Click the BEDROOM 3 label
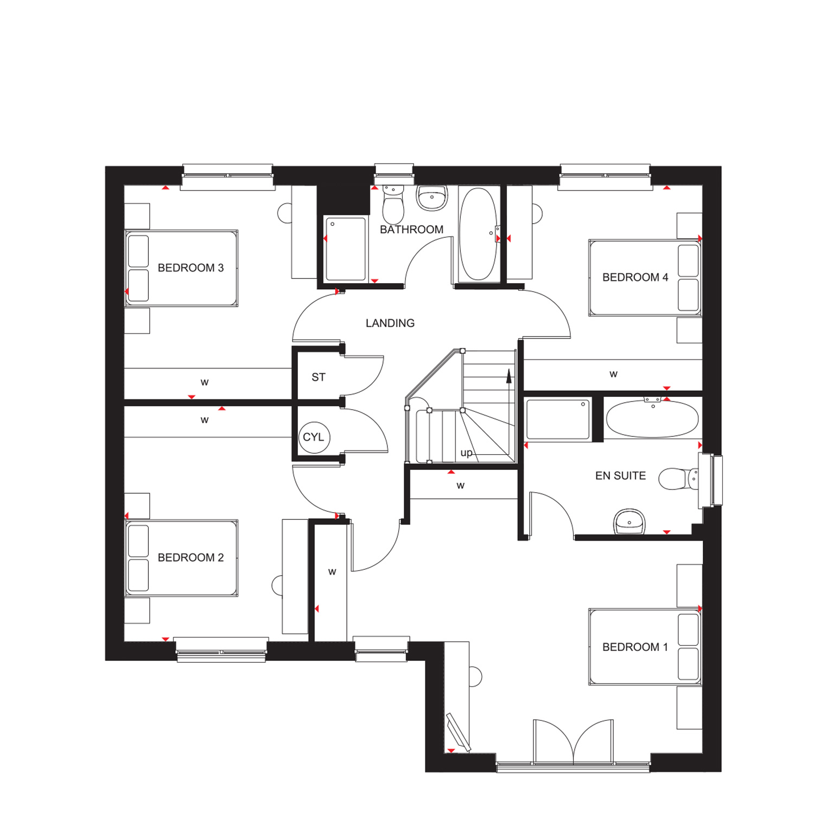pyautogui.click(x=190, y=268)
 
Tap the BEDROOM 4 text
pyautogui.click(x=635, y=277)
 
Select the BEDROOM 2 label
pyautogui.click(x=190, y=558)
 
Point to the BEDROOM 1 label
pyautogui.click(x=635, y=647)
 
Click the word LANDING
pyautogui.click(x=390, y=323)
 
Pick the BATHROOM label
pyautogui.click(x=412, y=230)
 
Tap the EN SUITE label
pyautogui.click(x=620, y=476)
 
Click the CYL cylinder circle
pyautogui.click(x=314, y=437)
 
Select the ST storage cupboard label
pyautogui.click(x=319, y=377)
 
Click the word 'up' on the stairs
pyautogui.click(x=466, y=453)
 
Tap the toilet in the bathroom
pyautogui.click(x=393, y=204)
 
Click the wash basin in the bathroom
pyautogui.click(x=432, y=198)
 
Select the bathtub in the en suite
pyautogui.click(x=652, y=418)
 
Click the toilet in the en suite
pyautogui.click(x=678, y=479)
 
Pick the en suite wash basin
pyautogui.click(x=629, y=522)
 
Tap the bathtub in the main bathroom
pyautogui.click(x=478, y=234)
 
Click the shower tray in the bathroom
pyautogui.click(x=346, y=249)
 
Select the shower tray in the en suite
pyautogui.click(x=558, y=419)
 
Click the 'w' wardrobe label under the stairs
pyautogui.click(x=461, y=486)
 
